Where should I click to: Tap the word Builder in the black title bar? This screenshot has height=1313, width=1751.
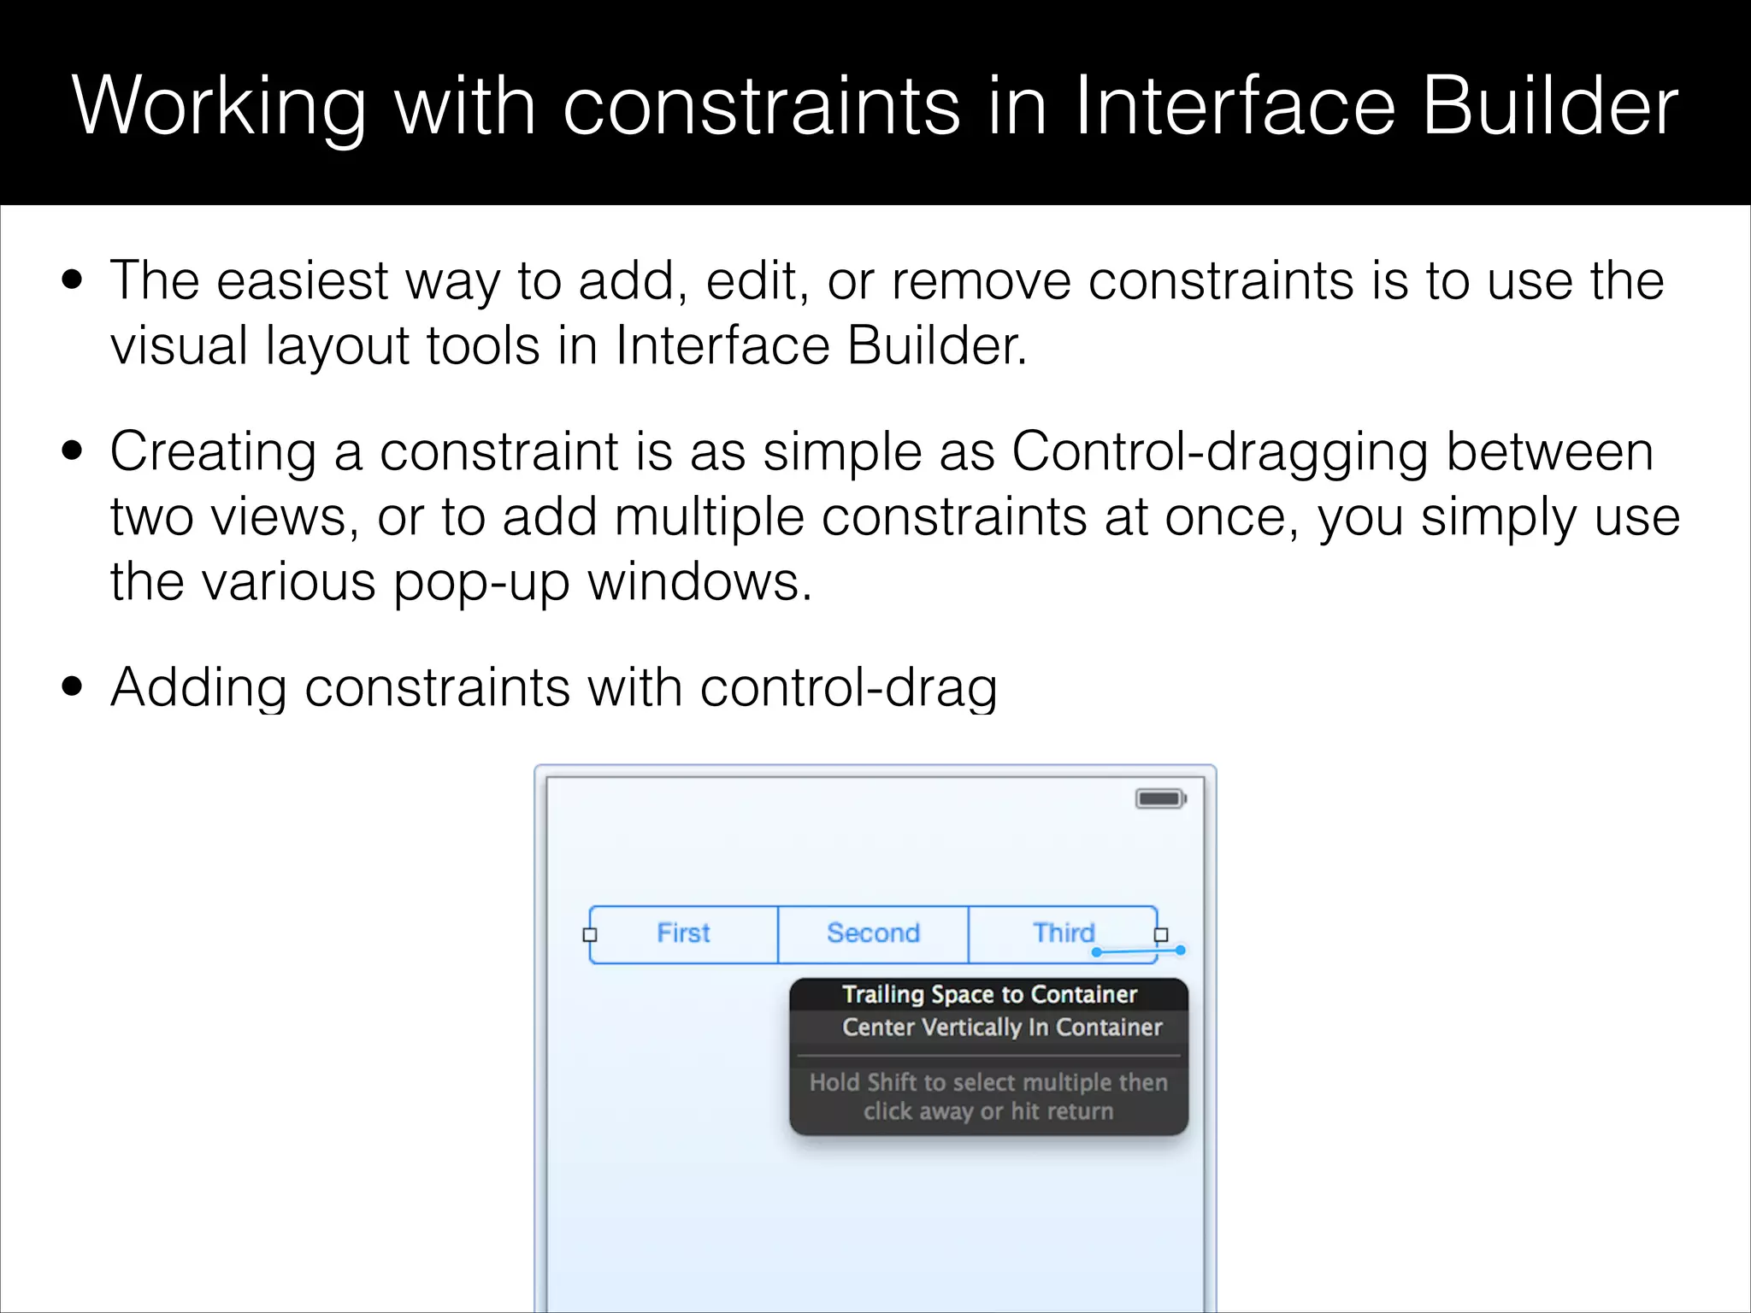point(1550,106)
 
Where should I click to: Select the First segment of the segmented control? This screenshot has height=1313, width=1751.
point(683,933)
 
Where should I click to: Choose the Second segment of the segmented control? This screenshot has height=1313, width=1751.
point(873,933)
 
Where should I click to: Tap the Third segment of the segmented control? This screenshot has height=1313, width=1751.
point(1063,933)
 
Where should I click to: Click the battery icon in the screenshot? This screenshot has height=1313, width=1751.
point(1160,799)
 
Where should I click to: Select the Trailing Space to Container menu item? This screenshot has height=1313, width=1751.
point(989,994)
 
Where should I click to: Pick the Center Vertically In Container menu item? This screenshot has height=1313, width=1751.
point(1001,1027)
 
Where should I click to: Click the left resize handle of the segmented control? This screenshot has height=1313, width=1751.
point(590,935)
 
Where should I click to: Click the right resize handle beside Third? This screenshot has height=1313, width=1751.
point(1161,935)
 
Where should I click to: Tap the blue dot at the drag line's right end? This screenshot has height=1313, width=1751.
point(1181,950)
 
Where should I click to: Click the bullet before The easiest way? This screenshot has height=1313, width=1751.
point(73,280)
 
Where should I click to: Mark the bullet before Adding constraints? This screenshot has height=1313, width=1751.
point(73,686)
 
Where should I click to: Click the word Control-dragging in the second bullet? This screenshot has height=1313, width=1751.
point(1219,452)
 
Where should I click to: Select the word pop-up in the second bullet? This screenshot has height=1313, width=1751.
point(481,583)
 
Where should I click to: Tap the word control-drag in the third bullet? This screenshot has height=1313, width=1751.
point(848,688)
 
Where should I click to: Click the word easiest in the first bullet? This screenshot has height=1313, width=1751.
point(303,280)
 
